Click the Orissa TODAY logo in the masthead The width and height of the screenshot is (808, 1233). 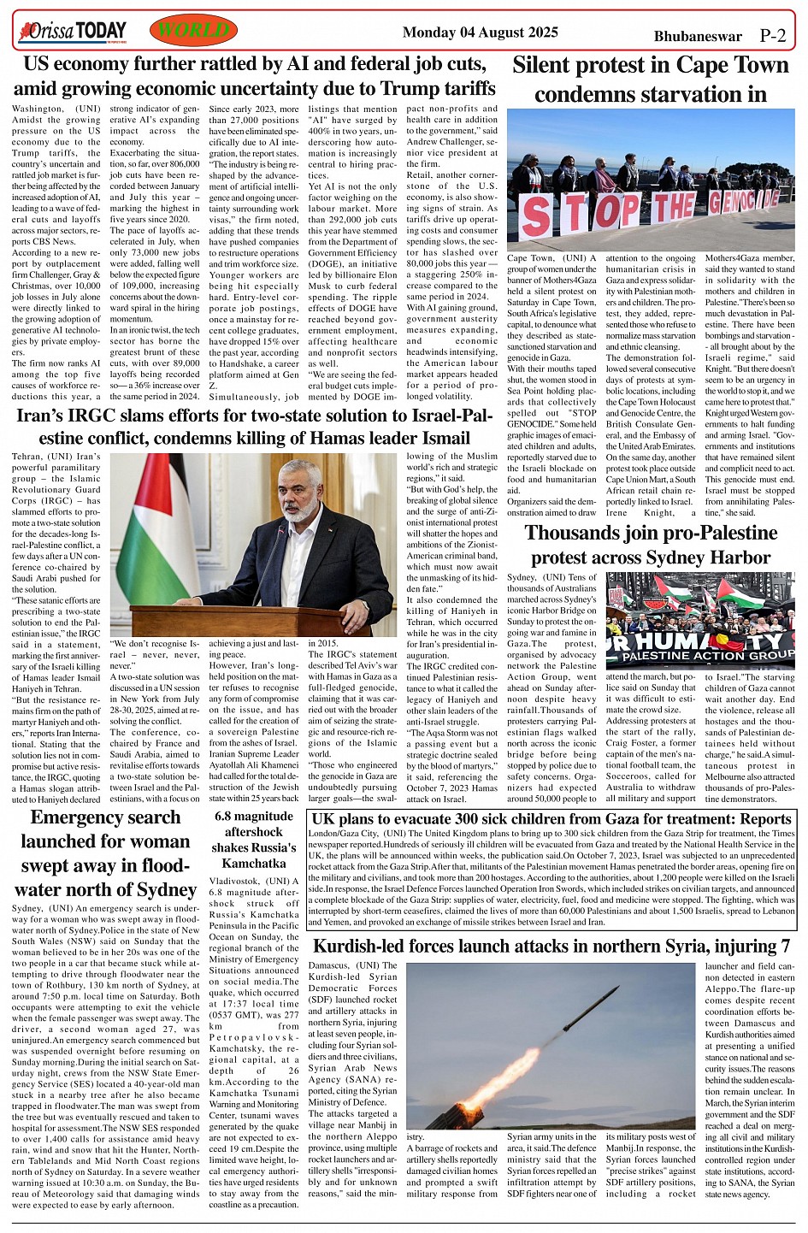pyautogui.click(x=73, y=32)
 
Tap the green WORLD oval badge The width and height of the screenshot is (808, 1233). pyautogui.click(x=193, y=32)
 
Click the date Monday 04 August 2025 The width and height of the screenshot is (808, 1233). pyautogui.click(x=480, y=32)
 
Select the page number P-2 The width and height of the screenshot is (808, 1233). pyautogui.click(x=772, y=36)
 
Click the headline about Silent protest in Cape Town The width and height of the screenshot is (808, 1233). pyautogui.click(x=650, y=79)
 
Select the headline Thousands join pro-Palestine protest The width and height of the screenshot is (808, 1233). pyautogui.click(x=651, y=546)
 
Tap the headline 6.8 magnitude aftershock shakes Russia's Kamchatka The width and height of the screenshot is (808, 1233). pyautogui.click(x=253, y=839)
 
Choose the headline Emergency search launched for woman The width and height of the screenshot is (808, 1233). pyautogui.click(x=105, y=853)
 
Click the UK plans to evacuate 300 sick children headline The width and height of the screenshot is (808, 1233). pyautogui.click(x=551, y=819)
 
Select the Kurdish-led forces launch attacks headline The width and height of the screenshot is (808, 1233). pyautogui.click(x=551, y=946)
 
